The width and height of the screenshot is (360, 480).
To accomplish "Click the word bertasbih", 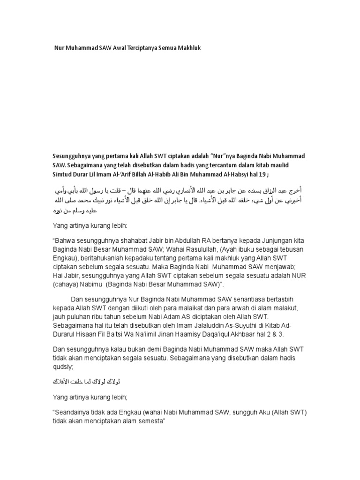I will click(286, 299).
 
